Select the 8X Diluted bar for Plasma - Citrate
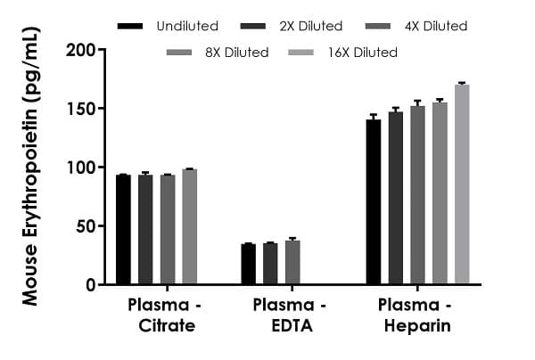point(189,227)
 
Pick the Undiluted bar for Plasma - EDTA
point(249,265)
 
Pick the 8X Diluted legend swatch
point(183,53)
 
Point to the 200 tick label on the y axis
point(80,50)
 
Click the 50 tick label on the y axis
point(85,226)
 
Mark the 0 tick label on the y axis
point(89,285)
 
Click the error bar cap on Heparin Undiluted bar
point(374,115)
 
